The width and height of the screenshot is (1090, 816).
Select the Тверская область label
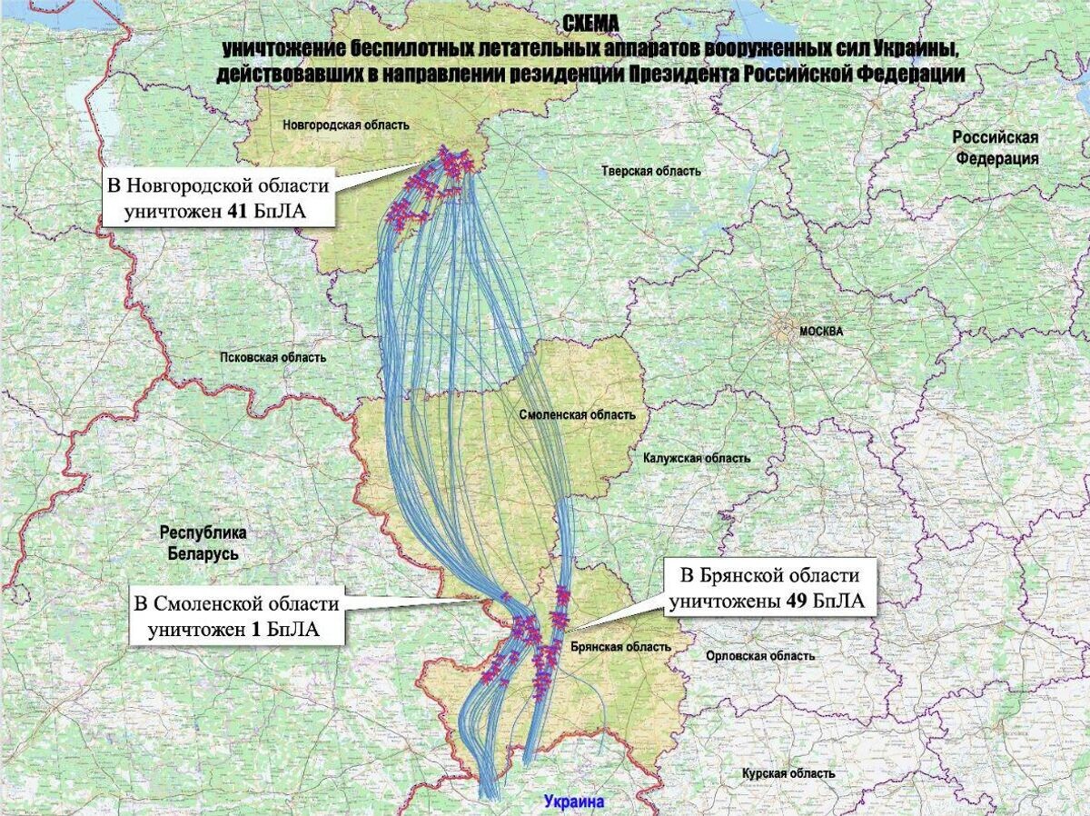pos(651,171)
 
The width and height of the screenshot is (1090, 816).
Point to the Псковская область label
pos(272,357)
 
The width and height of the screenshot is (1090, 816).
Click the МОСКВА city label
pos(821,332)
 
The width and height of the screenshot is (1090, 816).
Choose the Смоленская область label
pos(578,414)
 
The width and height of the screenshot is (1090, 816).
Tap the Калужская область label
pos(697,458)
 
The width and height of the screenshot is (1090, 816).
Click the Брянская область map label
pos(622,647)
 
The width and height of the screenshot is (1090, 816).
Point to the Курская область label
pos(788,773)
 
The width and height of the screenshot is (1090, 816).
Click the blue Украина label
pos(574,802)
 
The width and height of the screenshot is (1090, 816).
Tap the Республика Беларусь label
pos(203,542)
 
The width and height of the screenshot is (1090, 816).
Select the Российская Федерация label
pos(996,147)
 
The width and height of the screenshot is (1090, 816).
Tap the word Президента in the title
pos(682,75)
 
